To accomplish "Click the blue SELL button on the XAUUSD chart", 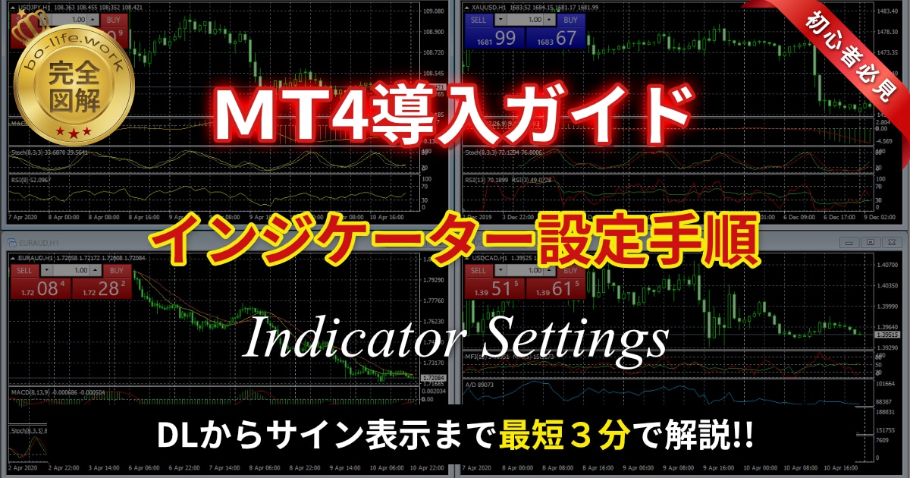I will point(479,19).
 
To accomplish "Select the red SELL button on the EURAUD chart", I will point(24,271).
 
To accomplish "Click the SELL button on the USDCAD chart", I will point(479,271).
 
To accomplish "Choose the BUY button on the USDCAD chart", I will point(570,271).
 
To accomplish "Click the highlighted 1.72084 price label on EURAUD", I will point(435,376).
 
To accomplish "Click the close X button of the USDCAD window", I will point(892,242).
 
